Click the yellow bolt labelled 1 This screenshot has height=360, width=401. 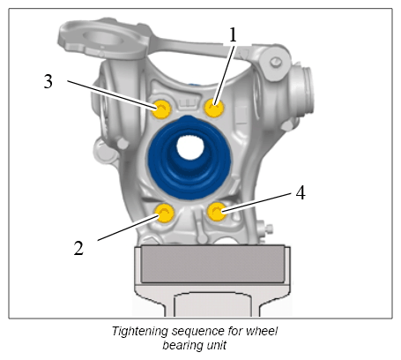214,108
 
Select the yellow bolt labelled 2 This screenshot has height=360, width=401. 165,213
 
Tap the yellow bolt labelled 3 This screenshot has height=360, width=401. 161,109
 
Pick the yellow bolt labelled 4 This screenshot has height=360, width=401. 217,212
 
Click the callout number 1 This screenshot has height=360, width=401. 233,35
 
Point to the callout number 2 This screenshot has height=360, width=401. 78,248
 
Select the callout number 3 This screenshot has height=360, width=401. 48,81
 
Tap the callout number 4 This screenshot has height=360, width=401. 301,193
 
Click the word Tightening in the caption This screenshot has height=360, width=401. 140,331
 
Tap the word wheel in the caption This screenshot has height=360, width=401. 262,331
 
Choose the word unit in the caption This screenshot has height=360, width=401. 216,344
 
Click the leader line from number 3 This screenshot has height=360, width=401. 112,94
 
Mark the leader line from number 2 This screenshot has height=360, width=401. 129,228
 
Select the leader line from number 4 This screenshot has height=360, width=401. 256,202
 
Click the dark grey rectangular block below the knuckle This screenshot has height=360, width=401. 212,264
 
